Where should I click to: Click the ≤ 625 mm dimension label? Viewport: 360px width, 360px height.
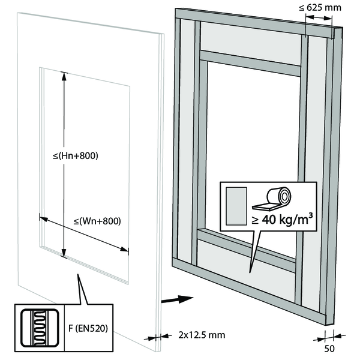(320, 8)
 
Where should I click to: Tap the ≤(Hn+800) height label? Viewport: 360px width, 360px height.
(76, 156)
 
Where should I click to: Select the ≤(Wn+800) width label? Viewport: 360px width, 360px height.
(97, 221)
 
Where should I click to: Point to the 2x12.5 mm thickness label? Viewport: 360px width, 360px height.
(202, 335)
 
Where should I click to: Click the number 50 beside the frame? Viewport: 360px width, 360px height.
(329, 349)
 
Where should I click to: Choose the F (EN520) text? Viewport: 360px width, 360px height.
(88, 328)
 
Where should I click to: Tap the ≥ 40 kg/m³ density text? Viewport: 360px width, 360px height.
(282, 219)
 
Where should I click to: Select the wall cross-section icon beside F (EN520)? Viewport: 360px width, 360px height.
(40, 328)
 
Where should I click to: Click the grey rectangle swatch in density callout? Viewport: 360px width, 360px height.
(236, 206)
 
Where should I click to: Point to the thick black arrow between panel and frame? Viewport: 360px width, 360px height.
(177, 299)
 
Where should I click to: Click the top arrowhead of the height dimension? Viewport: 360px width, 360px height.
(64, 77)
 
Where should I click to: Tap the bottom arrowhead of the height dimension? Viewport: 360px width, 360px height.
(64, 253)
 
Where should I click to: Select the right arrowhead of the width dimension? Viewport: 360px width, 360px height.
(124, 249)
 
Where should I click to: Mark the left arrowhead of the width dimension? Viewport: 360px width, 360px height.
(44, 219)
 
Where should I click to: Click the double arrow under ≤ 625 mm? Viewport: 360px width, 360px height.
(319, 17)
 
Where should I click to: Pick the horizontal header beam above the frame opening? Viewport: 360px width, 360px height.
(250, 63)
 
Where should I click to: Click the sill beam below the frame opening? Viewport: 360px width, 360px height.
(247, 250)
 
